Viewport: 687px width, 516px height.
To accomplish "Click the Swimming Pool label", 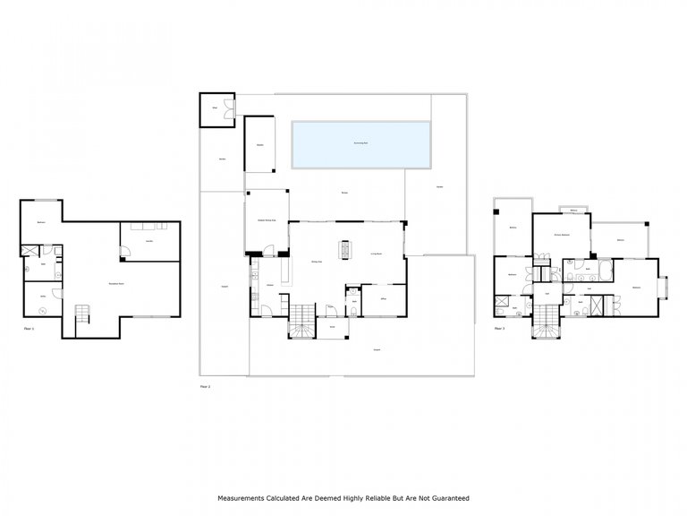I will point(360,142).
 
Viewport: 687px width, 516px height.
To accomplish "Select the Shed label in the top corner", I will point(214,108).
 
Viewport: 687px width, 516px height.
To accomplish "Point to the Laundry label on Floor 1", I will point(148,240).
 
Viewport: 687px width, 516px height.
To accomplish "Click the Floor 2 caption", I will point(205,386).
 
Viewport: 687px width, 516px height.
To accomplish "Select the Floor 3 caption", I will point(499,329).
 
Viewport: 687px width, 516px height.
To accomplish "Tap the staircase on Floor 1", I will point(82,314).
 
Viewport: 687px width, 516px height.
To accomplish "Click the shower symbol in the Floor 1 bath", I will point(30,252).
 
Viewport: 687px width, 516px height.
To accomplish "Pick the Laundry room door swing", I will point(126,253).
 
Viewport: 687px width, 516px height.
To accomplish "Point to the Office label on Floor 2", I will point(382,298).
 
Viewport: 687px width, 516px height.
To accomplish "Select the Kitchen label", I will point(268,285).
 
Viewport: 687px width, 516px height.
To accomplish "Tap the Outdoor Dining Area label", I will point(267,219).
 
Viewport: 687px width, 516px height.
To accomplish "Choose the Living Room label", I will point(377,254).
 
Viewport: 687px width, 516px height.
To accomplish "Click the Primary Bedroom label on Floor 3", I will point(561,235).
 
